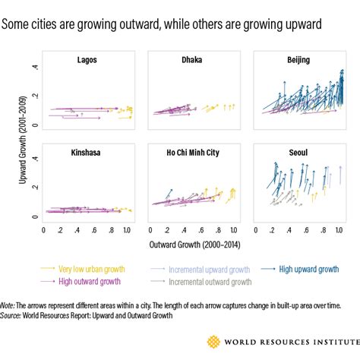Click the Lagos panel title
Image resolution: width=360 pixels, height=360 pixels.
coord(89,59)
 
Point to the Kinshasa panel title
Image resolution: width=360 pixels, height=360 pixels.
coord(89,153)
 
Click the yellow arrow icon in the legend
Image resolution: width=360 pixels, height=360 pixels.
coord(49,268)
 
